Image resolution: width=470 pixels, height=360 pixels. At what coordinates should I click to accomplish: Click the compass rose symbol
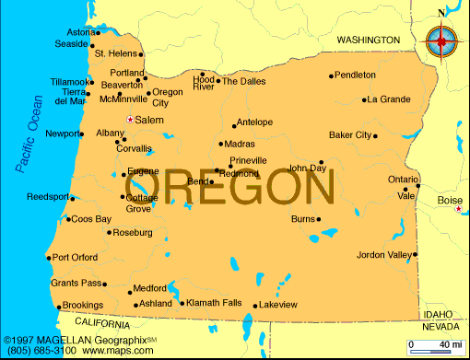442,40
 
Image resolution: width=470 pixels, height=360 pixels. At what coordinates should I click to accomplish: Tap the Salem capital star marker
130,120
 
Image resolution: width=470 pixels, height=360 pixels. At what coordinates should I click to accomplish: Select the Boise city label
451,200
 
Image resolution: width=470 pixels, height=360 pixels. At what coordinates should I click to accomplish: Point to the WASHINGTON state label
368,41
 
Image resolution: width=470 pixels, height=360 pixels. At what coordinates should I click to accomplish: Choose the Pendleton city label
355,75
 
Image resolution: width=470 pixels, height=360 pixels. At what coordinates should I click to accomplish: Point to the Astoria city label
81,32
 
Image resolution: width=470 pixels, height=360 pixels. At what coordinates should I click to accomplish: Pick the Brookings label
83,305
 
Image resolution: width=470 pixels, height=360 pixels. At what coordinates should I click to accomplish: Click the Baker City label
350,135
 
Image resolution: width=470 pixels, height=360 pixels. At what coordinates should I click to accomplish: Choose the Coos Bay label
91,219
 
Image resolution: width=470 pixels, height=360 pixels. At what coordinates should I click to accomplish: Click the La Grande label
388,99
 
